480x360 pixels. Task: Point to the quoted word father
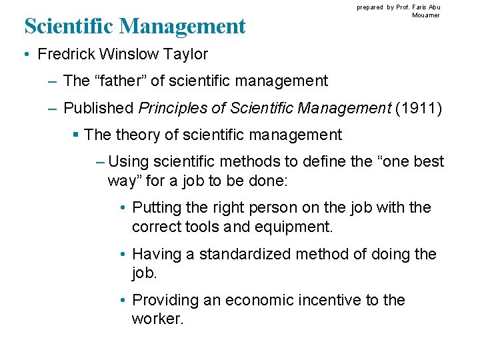coord(126,81)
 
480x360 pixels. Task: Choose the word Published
coord(99,108)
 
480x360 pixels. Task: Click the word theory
coord(138,135)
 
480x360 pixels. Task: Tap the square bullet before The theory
coord(76,135)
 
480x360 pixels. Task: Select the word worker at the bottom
coord(156,319)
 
